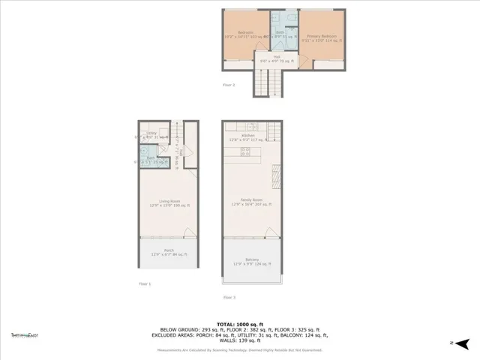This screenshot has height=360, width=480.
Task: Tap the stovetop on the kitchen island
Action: click(x=245, y=152)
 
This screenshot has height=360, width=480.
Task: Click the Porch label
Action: click(x=169, y=250)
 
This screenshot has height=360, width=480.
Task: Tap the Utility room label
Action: click(x=151, y=134)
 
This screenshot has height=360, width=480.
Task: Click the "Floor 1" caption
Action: click(x=144, y=283)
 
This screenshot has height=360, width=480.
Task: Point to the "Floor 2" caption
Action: click(x=229, y=85)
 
